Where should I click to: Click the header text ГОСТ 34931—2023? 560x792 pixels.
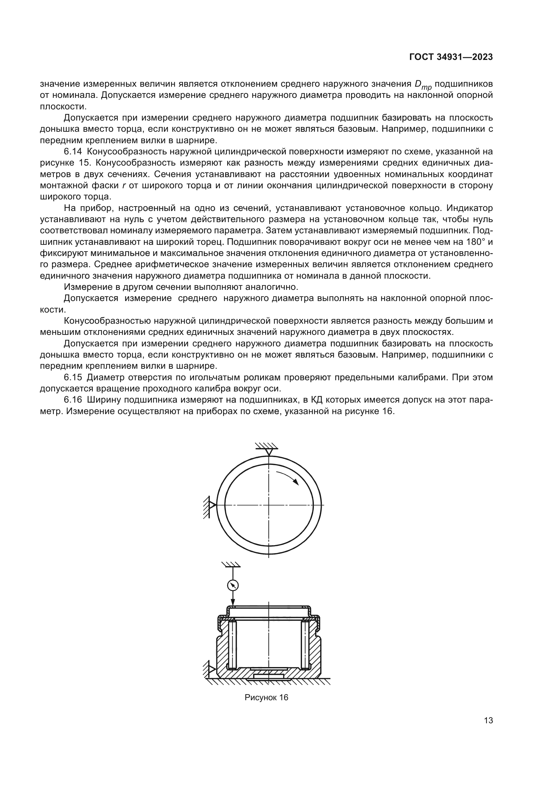coord(451,57)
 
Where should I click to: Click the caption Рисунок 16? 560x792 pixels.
coord(266,697)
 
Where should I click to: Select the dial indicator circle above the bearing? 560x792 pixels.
coord(233,585)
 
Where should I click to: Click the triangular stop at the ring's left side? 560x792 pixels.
coord(212,505)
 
